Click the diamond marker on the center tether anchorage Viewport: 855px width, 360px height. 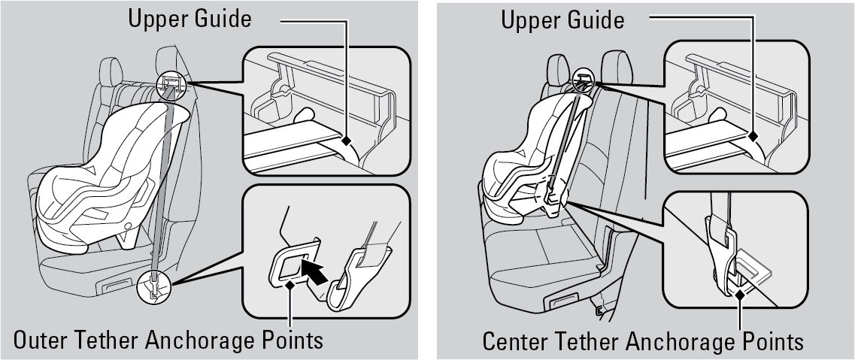pyautogui.click(x=740, y=295)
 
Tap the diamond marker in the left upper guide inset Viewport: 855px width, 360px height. pyautogui.click(x=346, y=141)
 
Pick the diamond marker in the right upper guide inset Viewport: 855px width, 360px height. pyautogui.click(x=753, y=137)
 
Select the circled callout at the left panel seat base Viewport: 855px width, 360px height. pyautogui.click(x=154, y=287)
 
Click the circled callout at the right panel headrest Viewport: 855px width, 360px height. pyautogui.click(x=584, y=80)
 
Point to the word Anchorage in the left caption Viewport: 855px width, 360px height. pyautogui.click(x=199, y=341)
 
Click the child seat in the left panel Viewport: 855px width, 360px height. pyautogui.click(x=109, y=180)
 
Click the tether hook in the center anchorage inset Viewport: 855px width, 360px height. pyautogui.click(x=723, y=256)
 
